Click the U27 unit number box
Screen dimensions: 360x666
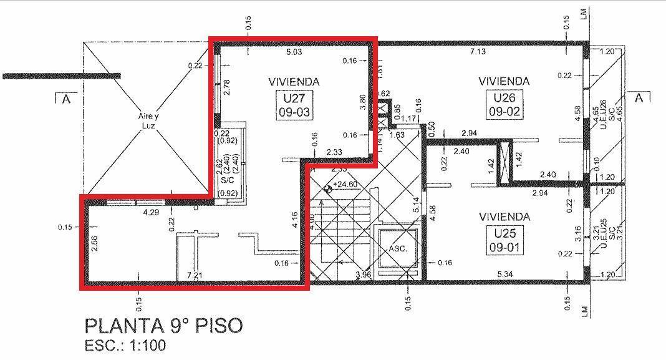click(294, 105)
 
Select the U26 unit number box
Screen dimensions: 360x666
click(505, 105)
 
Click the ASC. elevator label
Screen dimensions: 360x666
click(398, 248)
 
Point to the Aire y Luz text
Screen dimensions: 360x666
click(147, 120)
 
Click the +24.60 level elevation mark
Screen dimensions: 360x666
click(345, 185)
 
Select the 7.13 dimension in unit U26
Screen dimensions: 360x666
click(478, 52)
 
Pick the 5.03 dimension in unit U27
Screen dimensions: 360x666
click(293, 52)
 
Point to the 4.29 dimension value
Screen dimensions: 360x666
click(152, 212)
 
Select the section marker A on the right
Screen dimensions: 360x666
click(639, 98)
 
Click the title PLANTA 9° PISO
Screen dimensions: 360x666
click(163, 326)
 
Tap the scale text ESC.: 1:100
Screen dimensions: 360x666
click(125, 345)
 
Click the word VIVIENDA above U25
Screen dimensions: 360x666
click(504, 216)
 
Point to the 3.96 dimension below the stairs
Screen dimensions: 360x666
click(364, 275)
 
